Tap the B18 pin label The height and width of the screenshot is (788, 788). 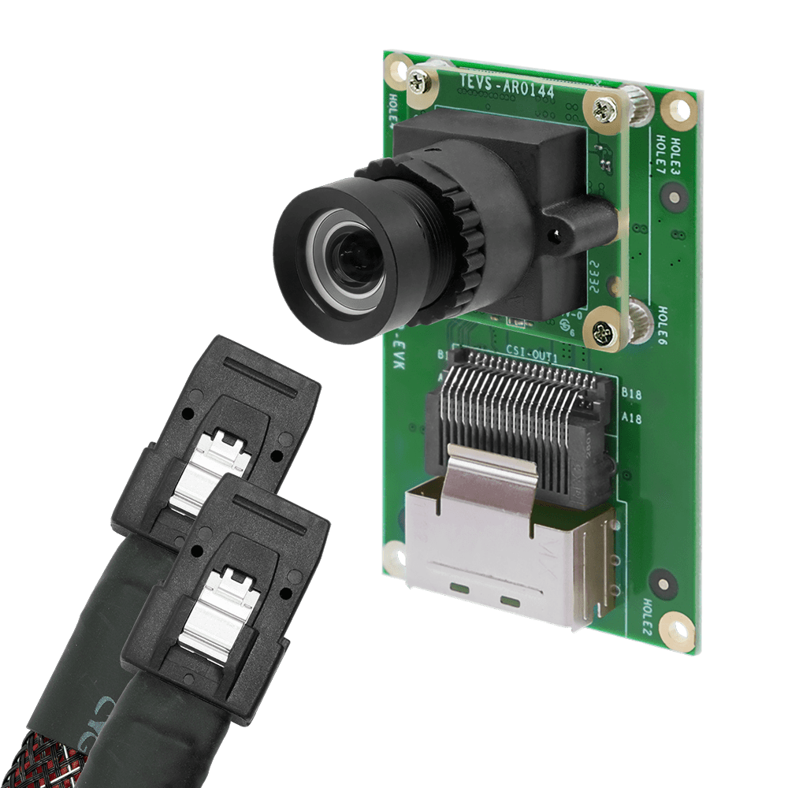[x=631, y=392]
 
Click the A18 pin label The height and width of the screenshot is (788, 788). [x=631, y=418]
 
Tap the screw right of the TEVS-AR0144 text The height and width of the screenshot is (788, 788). [x=606, y=110]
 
